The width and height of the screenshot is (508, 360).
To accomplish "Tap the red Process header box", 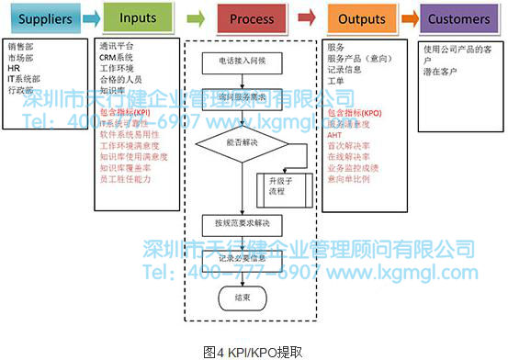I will tap(245, 18).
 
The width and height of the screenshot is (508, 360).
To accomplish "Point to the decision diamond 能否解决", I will tap(241, 142).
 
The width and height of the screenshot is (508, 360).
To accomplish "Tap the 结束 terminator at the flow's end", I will tap(241, 298).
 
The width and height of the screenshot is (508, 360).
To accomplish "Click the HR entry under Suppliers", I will tap(14, 67).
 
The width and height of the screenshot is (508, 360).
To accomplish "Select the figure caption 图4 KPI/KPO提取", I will tap(253, 351).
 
